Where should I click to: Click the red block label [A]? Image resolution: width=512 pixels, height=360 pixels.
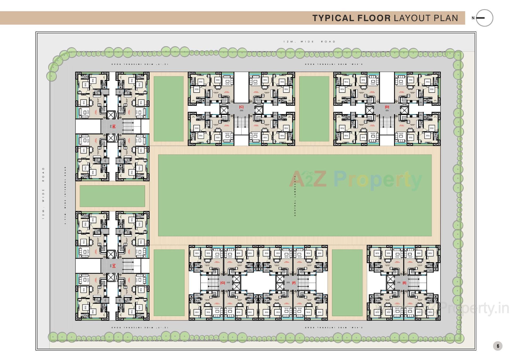point(114,266)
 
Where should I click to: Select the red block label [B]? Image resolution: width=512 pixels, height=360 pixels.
point(114,127)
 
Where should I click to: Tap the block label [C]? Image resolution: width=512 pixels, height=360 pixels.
point(241,107)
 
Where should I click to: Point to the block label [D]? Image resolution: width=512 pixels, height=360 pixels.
point(387,107)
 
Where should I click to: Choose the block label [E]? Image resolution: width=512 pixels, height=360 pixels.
point(404,283)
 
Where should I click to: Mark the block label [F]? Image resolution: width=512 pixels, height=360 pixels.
point(294,283)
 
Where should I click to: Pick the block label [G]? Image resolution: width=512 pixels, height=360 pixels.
point(223,283)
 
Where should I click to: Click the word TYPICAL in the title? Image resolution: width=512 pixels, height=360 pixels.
point(333,18)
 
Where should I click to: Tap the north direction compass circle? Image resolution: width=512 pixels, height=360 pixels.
point(484,18)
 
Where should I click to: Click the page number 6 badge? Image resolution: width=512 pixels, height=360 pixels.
point(498,346)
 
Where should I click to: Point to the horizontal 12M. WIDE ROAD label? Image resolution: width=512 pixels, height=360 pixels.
point(309,42)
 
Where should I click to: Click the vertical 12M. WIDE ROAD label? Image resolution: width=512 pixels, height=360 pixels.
point(43,194)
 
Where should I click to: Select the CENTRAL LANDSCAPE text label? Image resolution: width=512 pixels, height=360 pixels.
point(295,196)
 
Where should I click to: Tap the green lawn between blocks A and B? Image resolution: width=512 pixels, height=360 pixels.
point(112,196)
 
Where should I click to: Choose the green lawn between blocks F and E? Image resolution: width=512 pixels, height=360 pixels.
point(347,283)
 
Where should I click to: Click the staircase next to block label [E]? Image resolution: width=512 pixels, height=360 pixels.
point(414,283)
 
